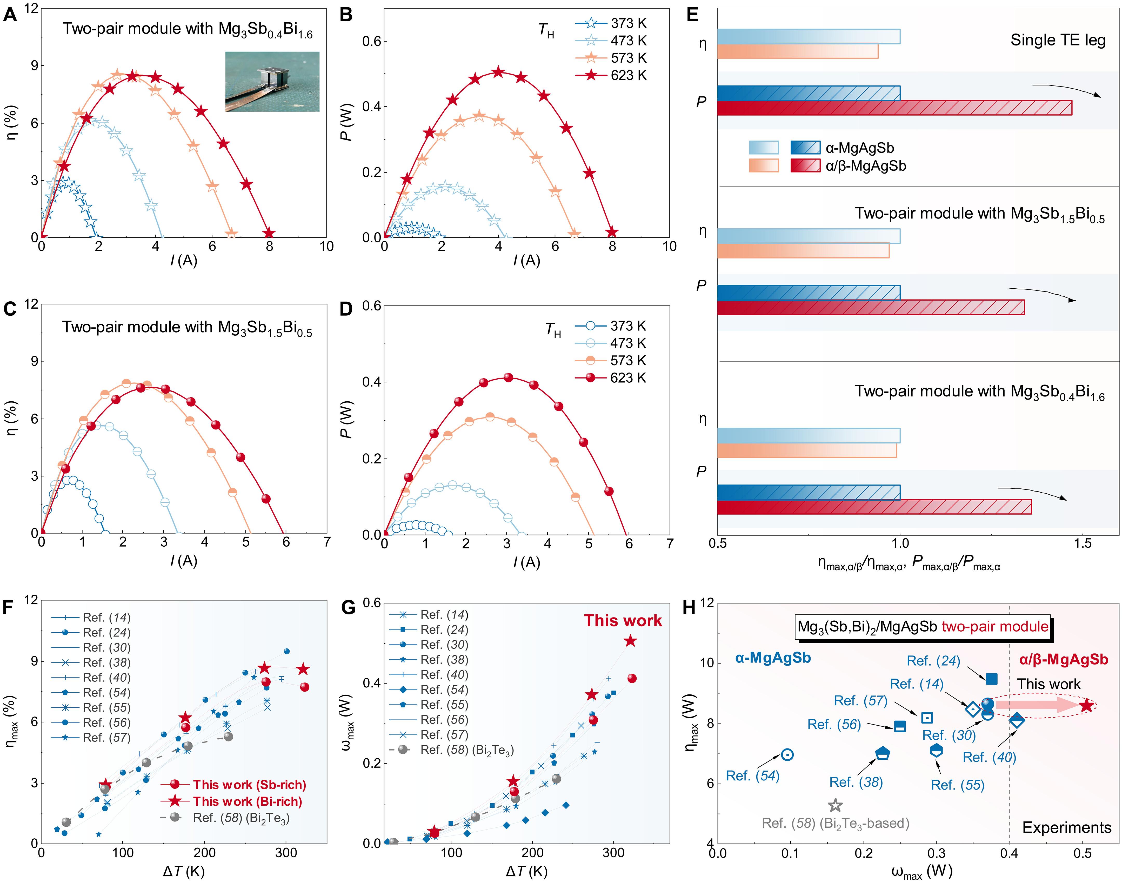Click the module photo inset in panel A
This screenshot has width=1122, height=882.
[272, 82]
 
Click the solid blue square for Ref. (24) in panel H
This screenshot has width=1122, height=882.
[991, 679]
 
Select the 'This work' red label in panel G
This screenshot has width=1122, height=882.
[623, 621]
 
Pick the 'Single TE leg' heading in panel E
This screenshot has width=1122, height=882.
[1057, 40]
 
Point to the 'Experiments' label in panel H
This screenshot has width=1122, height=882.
[1066, 828]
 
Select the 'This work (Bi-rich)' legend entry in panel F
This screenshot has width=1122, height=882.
[247, 801]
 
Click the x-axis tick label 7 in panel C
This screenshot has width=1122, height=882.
[327, 542]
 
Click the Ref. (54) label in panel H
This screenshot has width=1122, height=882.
[752, 776]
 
